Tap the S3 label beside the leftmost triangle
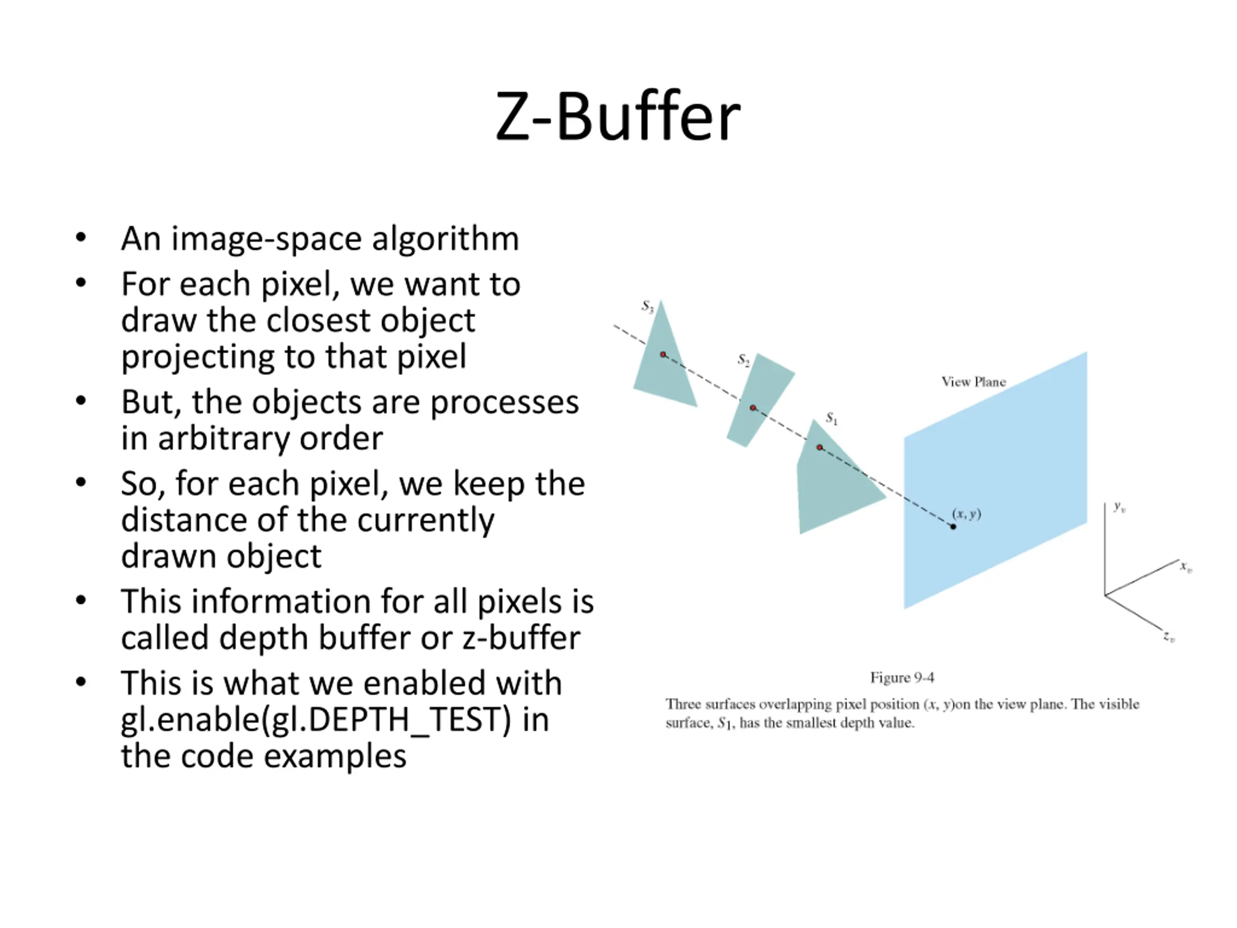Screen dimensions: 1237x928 (x=647, y=306)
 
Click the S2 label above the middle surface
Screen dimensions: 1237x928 (x=743, y=359)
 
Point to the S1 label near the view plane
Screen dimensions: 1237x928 (x=832, y=418)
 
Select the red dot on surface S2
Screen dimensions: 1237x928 (x=753, y=408)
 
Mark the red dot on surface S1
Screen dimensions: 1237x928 (x=819, y=448)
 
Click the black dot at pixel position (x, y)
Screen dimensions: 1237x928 (x=953, y=526)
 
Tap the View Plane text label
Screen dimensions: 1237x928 (x=974, y=382)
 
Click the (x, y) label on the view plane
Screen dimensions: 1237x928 (x=967, y=513)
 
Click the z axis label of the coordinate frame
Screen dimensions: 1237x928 (x=1169, y=637)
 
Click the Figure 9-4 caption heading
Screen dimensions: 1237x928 (x=902, y=678)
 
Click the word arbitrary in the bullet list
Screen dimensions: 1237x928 (x=223, y=438)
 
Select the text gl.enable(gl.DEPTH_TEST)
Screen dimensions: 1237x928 (x=316, y=719)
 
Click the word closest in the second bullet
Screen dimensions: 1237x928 (x=315, y=320)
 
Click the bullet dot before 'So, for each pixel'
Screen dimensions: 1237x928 (x=81, y=482)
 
